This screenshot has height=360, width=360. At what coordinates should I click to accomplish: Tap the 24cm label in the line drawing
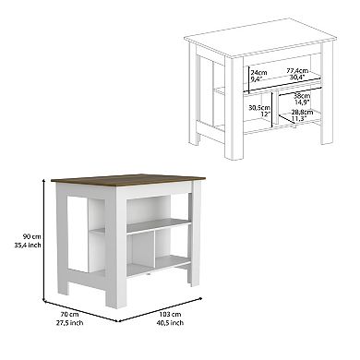[258, 70]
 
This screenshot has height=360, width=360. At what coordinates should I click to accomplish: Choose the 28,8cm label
[303, 112]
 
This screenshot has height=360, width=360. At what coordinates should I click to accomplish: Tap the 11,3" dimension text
[301, 119]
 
